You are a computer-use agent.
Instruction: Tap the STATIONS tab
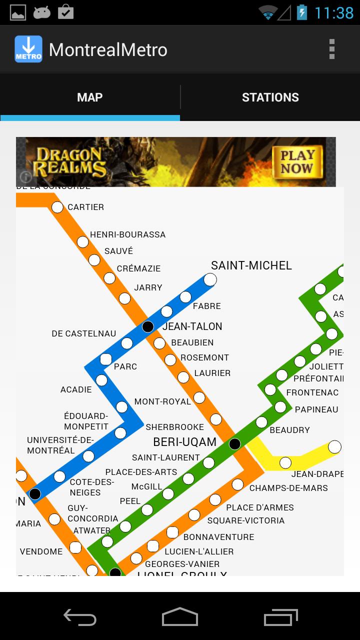(270, 97)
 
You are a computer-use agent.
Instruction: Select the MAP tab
(90, 97)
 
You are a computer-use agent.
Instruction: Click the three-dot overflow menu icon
(331, 49)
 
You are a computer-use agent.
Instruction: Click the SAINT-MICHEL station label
(251, 265)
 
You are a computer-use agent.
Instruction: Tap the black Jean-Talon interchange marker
(148, 327)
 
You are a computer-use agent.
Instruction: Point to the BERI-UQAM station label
(184, 442)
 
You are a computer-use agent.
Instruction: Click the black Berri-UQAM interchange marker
(234, 443)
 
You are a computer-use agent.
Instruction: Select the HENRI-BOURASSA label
(127, 234)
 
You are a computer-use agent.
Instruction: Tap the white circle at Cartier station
(57, 207)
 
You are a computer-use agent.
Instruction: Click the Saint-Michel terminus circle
(210, 279)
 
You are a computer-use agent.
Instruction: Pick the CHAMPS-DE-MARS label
(288, 488)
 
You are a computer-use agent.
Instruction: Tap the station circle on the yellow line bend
(285, 463)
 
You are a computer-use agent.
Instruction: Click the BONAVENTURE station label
(218, 537)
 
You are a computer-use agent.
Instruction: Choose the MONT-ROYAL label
(162, 401)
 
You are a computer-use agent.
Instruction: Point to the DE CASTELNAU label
(83, 333)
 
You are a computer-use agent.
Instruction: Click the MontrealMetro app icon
(28, 49)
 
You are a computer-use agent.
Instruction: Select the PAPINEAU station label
(316, 409)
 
